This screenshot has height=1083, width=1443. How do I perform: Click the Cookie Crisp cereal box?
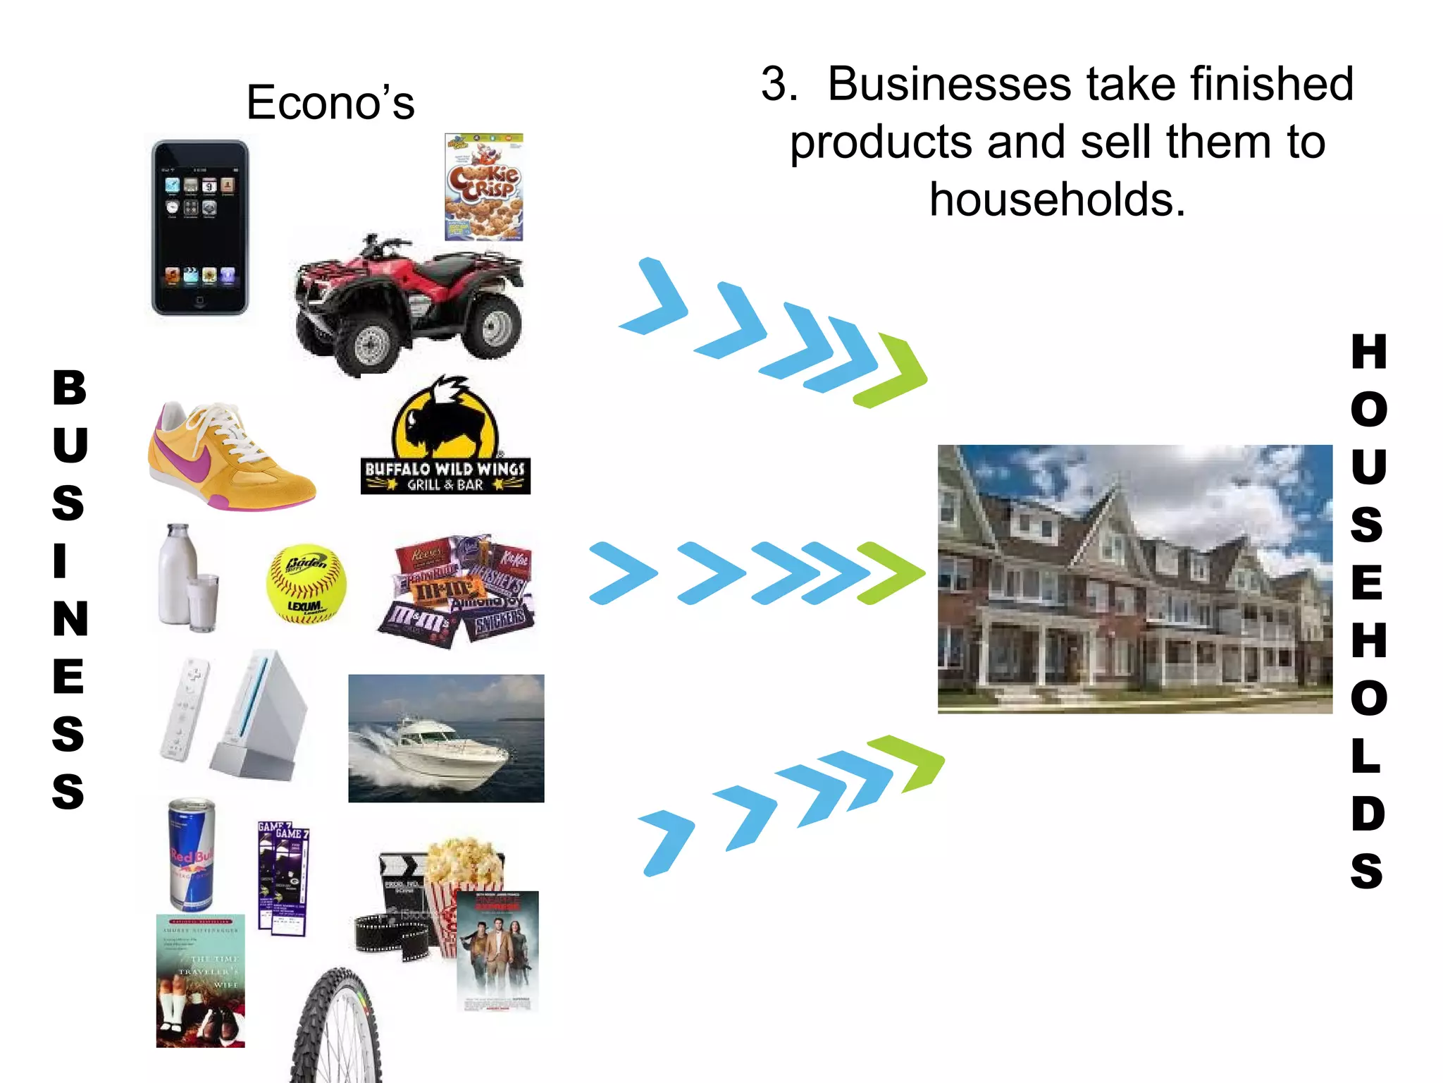[484, 187]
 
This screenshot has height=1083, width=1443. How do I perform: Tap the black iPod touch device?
[200, 227]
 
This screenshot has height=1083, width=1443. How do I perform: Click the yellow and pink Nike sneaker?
[229, 455]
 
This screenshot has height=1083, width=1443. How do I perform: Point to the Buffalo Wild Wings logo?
[445, 437]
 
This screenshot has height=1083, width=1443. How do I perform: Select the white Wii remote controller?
[185, 709]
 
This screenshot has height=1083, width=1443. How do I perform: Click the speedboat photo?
[446, 738]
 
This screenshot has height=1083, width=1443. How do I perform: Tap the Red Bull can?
[191, 855]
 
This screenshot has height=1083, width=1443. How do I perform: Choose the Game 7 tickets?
[283, 879]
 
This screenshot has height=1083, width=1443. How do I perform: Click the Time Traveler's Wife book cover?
[200, 981]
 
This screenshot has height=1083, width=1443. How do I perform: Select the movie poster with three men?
[497, 950]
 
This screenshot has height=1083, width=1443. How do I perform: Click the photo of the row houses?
[1134, 579]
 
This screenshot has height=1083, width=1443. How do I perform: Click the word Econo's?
[330, 103]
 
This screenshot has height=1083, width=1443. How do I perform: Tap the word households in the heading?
[1057, 200]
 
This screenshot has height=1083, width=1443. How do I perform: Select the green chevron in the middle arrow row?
[891, 573]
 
